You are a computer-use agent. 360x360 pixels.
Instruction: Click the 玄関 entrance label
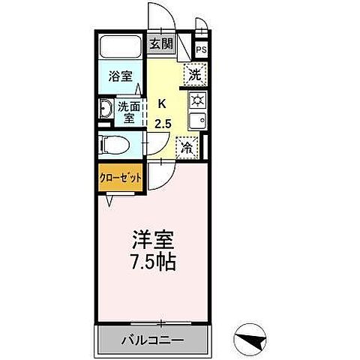click(x=160, y=43)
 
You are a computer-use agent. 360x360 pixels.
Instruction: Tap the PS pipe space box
click(x=201, y=50)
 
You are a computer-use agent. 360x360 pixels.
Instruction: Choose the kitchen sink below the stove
click(x=197, y=121)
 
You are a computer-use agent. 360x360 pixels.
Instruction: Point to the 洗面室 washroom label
click(x=128, y=112)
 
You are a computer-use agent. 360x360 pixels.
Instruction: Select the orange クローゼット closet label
click(x=120, y=178)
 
